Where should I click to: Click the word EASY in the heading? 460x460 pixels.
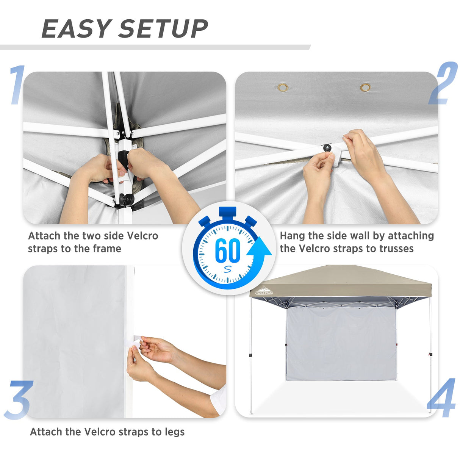click(x=76, y=29)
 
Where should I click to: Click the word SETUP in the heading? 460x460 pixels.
click(x=163, y=29)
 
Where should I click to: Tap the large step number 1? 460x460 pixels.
click(x=17, y=85)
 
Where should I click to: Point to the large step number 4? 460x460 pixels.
click(x=442, y=398)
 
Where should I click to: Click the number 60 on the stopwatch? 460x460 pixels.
click(x=227, y=250)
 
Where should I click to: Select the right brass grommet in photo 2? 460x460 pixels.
click(x=365, y=88)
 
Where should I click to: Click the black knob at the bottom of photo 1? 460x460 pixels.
click(x=126, y=199)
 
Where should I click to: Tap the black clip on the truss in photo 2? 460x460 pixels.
click(x=327, y=147)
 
